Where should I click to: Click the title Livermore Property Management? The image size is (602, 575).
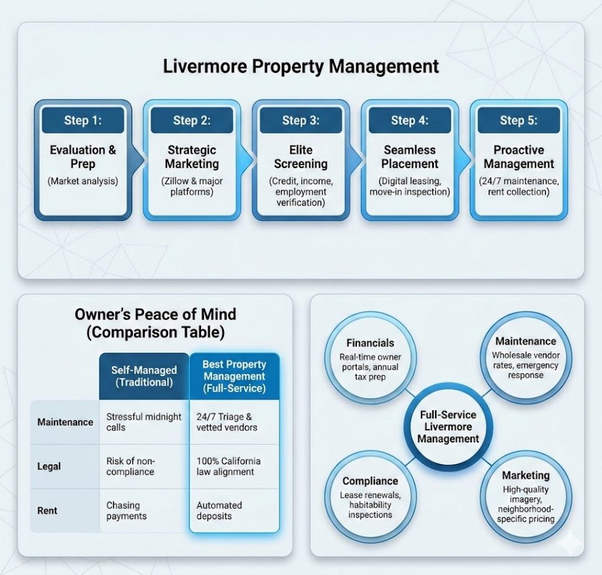pos(301,67)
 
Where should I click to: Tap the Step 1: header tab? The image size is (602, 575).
pos(83,120)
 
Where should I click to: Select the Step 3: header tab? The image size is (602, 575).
pos(301,120)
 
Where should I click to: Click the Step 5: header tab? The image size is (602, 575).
pos(519,120)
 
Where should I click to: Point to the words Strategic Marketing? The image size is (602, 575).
pos(192,157)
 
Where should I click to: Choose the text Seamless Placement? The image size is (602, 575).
pos(410,157)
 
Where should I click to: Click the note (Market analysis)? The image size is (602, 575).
pos(83,181)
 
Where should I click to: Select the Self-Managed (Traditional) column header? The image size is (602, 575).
pos(144,376)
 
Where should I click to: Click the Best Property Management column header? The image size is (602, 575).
pos(234,376)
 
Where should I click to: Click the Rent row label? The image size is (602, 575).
pos(47,510)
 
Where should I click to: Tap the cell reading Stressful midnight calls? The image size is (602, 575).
pos(144,422)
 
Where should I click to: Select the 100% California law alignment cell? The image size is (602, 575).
pos(228,466)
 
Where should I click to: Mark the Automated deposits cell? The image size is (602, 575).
pos(219,511)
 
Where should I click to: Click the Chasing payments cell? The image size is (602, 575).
pos(127,511)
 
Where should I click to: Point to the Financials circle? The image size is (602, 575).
pos(371,359)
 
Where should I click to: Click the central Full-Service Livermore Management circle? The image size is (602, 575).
pos(448,426)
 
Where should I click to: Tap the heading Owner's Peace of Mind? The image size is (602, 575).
pos(155,314)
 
